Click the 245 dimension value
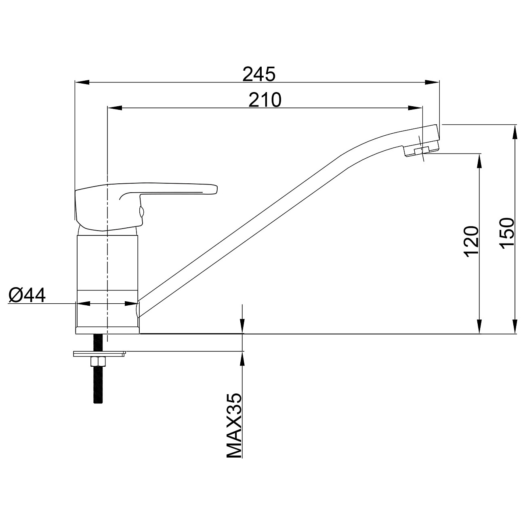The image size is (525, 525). (259, 74)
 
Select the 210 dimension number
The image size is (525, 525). (265, 100)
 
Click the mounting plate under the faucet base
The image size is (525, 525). (99, 354)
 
